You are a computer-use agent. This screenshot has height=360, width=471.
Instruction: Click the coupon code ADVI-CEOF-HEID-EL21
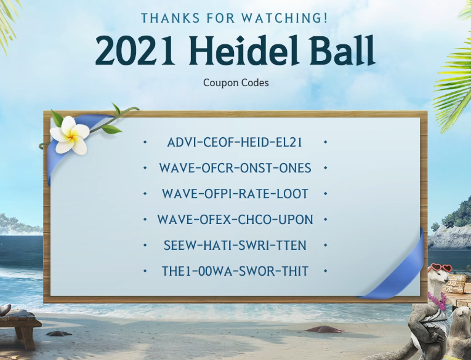pos(235,142)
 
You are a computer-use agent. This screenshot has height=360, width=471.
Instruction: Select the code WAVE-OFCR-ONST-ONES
pos(235,168)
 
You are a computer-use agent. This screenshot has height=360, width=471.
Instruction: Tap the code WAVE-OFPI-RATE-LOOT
pos(235,194)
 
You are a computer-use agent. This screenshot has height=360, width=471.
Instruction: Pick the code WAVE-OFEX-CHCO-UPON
pos(235,220)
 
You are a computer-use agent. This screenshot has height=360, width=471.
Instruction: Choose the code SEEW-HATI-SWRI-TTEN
pos(235,246)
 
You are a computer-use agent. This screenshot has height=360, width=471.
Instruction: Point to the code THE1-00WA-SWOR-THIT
pos(235,271)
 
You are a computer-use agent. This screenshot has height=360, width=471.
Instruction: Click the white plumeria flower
pos(70,135)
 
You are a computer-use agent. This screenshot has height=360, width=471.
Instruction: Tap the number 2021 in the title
pos(135,50)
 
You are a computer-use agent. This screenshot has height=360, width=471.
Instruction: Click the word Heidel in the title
pos(244,50)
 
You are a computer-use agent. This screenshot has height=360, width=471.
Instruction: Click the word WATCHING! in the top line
pos(284,18)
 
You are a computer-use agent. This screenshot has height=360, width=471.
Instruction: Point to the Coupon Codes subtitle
pos(236,82)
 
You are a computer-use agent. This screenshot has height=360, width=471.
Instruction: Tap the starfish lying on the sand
pos(325,329)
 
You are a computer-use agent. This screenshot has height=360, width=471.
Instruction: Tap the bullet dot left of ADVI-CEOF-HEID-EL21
pos(145,142)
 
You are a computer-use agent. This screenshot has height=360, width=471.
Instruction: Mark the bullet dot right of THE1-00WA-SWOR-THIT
pos(325,271)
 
